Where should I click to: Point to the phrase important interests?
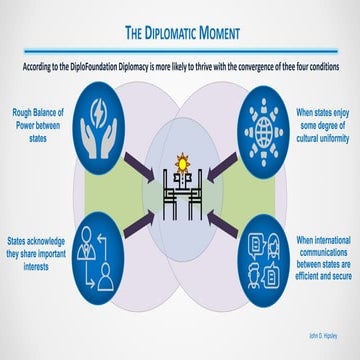click(x=36, y=255)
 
